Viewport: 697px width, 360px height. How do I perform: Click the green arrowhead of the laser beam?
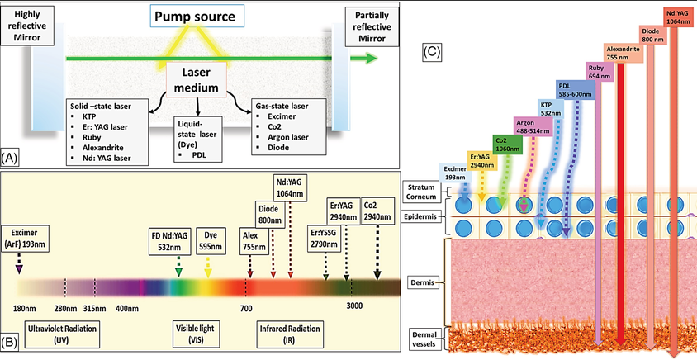point(371,58)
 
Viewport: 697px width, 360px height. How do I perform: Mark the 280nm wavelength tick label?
point(65,307)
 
